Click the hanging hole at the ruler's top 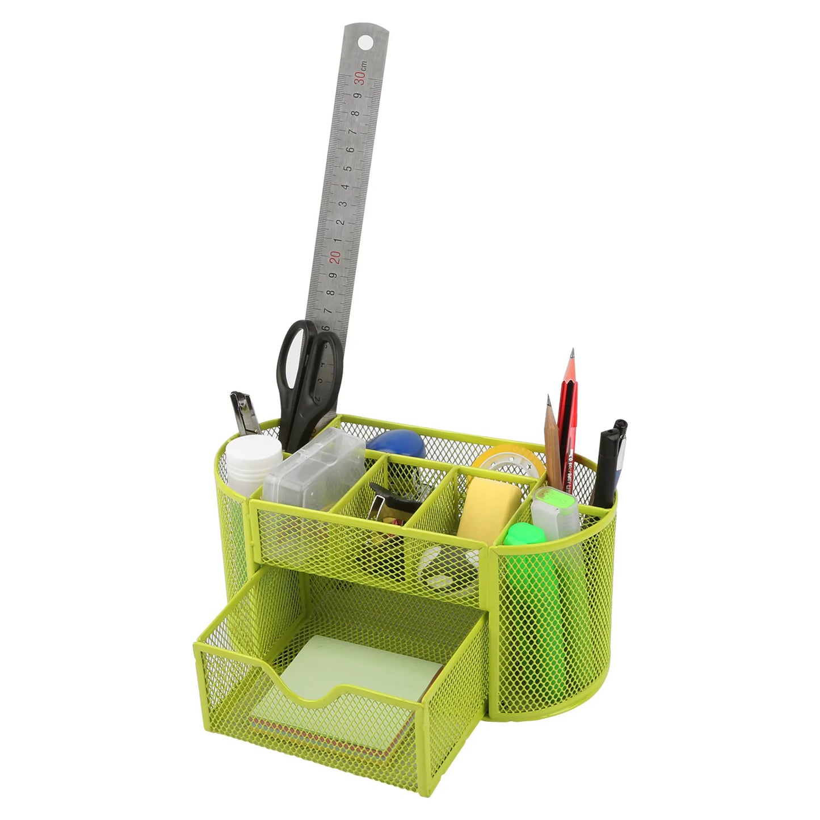[364, 42]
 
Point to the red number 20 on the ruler [335, 257]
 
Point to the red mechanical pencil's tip [573, 354]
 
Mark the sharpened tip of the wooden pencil [549, 401]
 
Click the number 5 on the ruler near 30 [347, 168]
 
